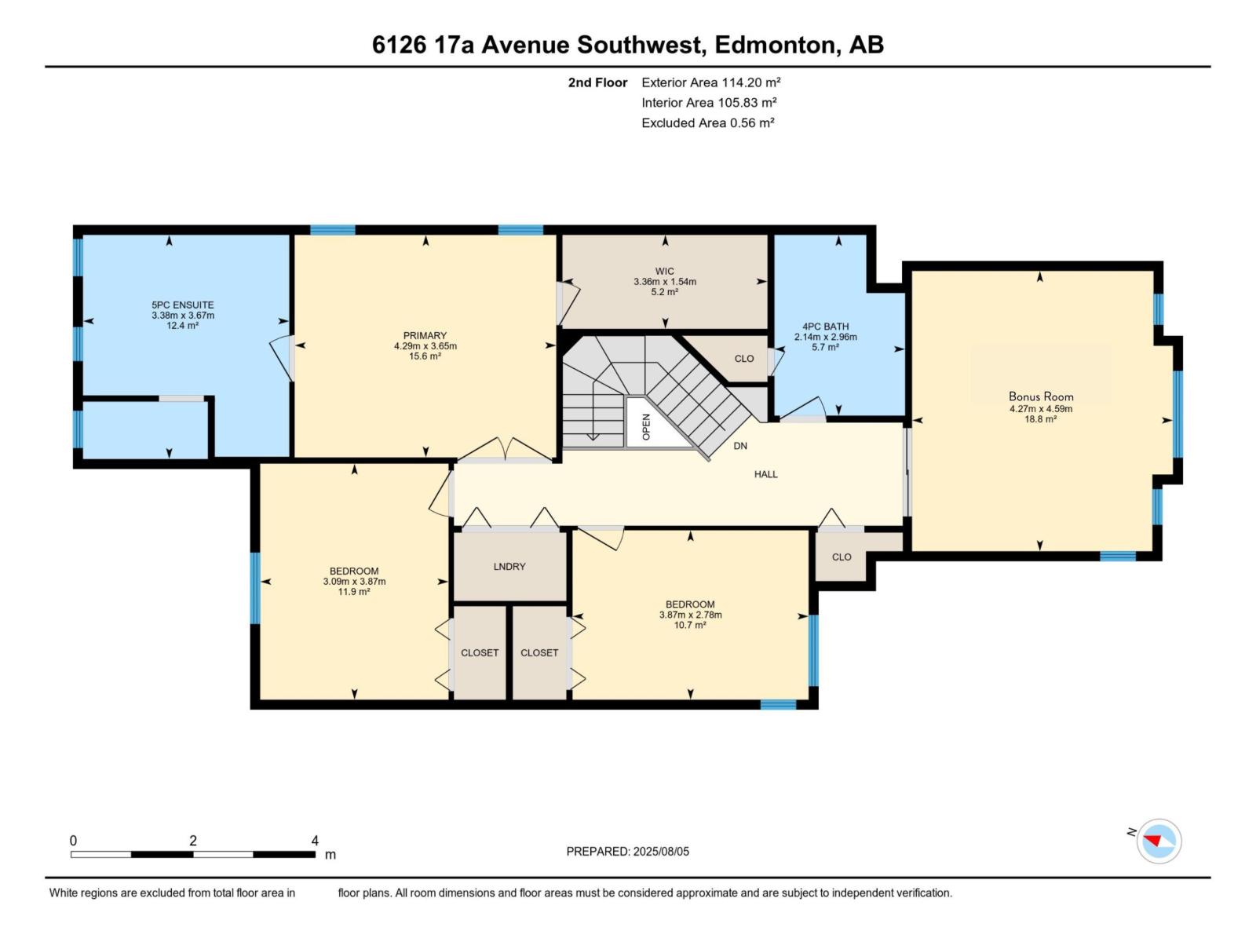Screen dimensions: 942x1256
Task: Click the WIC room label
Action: [x=665, y=272]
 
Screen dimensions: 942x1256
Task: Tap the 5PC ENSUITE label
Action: [x=183, y=305]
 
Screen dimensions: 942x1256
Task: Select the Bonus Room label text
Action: [x=1041, y=396]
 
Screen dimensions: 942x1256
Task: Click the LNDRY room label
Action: [x=509, y=567]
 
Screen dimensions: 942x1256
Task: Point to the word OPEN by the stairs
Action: [x=647, y=426]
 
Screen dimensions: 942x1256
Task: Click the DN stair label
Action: [x=740, y=446]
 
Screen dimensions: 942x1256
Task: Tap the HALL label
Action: [x=765, y=474]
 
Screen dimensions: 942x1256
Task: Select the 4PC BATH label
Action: [x=825, y=327]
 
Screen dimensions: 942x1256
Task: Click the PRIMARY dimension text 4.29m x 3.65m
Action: [x=425, y=346]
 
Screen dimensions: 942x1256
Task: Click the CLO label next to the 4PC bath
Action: [x=744, y=359]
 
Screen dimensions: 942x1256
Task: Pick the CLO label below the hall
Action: [x=842, y=557]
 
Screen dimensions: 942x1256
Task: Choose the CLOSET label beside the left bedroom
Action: [x=480, y=653]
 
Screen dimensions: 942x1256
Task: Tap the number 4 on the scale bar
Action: [x=315, y=841]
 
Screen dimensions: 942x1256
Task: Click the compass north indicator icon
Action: [x=1158, y=842]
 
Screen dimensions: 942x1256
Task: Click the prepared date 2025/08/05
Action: [x=661, y=852]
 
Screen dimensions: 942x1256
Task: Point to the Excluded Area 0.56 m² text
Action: [x=707, y=123]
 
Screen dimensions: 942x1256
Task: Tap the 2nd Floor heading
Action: [x=597, y=82]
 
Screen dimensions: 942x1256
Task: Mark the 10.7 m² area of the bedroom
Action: [x=690, y=626]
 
